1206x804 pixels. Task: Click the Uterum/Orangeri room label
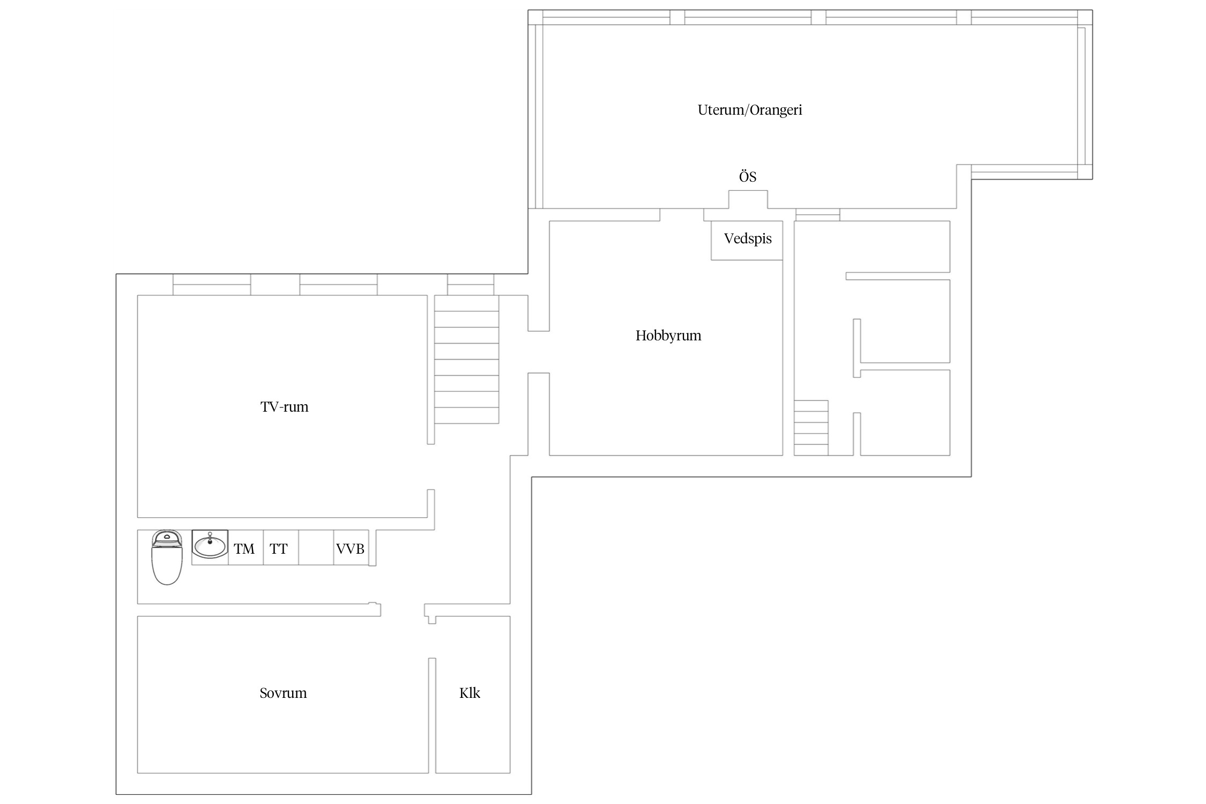click(749, 110)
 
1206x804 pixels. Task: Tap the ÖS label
click(748, 177)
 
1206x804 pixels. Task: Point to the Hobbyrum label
click(668, 336)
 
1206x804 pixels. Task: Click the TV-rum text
click(284, 407)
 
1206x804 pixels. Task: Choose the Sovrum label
click(283, 693)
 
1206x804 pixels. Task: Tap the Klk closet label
click(470, 693)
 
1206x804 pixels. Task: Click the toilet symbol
click(167, 557)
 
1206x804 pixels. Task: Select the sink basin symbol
click(210, 545)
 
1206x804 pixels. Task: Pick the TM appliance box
click(245, 547)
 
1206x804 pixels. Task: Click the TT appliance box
click(281, 547)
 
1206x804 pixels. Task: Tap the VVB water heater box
click(351, 547)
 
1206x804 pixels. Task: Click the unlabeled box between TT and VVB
click(316, 547)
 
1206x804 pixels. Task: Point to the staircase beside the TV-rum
click(466, 359)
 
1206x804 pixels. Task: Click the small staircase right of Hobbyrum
click(811, 428)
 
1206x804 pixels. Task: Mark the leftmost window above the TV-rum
click(212, 285)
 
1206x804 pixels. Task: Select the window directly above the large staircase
click(471, 285)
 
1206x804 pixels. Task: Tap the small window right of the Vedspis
click(817, 214)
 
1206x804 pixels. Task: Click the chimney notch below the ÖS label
click(748, 199)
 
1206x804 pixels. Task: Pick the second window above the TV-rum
click(338, 285)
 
